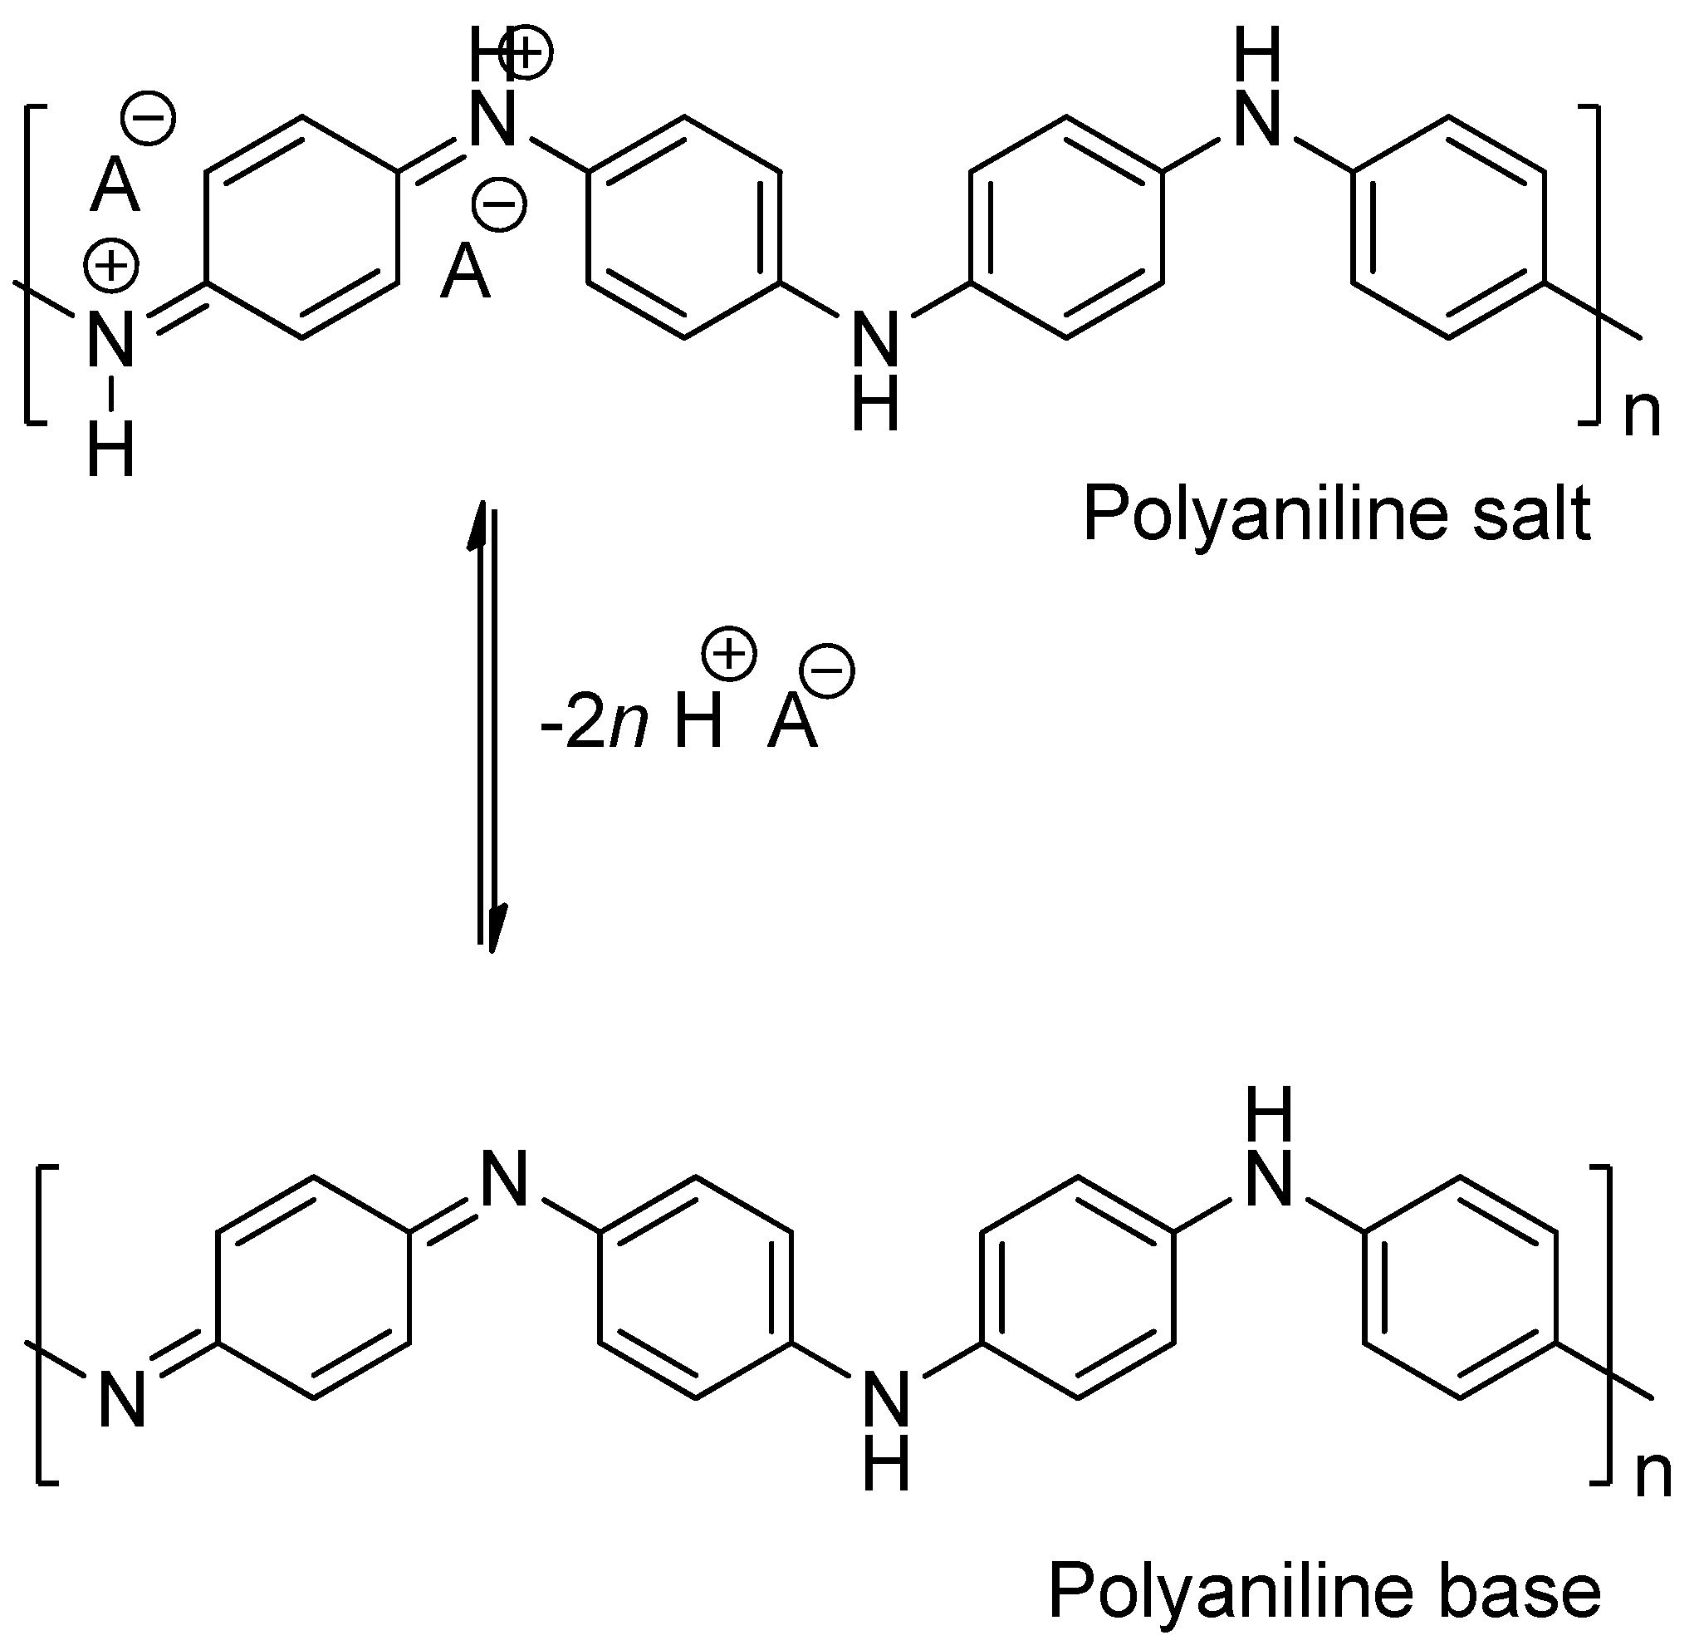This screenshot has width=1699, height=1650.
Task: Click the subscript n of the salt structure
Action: click(1642, 415)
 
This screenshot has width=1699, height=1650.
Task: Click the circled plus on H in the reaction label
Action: click(729, 654)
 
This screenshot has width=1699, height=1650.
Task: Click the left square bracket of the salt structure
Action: click(32, 264)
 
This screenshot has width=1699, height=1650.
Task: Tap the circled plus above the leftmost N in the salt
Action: click(112, 267)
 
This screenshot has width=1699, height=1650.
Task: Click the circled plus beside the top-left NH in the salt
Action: click(526, 53)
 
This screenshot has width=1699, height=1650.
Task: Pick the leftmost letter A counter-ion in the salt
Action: click(115, 186)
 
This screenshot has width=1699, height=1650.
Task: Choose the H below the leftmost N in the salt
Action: click(112, 450)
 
